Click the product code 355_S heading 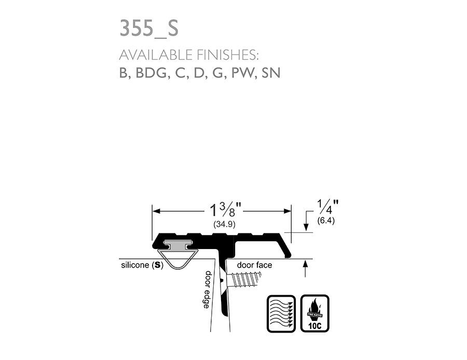pos(149,29)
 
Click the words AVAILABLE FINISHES pos(188,55)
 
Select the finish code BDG pos(151,73)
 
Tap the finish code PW pos(243,73)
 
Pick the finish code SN pos(271,73)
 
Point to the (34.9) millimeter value pos(225,224)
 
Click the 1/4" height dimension pos(328,206)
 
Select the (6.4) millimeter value pos(326,220)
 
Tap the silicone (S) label pos(142,265)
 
